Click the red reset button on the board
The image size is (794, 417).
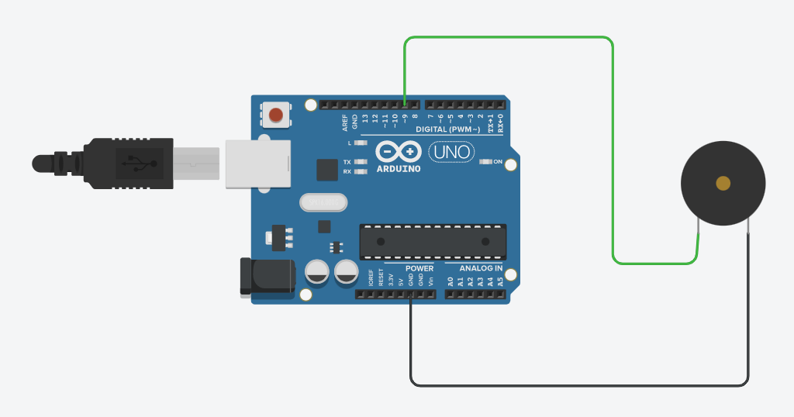[275, 115]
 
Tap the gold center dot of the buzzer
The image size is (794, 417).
[723, 183]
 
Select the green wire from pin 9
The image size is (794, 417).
[508, 37]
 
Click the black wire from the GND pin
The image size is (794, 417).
[578, 384]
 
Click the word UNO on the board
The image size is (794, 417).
[451, 152]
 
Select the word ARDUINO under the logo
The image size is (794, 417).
[399, 168]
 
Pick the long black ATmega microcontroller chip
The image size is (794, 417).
[433, 241]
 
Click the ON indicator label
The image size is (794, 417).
[509, 162]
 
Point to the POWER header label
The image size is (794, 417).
[419, 268]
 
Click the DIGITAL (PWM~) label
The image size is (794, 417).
[448, 129]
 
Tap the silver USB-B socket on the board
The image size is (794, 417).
[257, 164]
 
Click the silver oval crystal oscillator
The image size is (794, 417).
[323, 202]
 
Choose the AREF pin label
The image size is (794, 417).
[345, 122]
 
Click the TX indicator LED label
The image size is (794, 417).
[347, 162]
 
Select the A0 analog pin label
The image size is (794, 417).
[451, 282]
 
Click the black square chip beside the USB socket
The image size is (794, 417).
[327, 170]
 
